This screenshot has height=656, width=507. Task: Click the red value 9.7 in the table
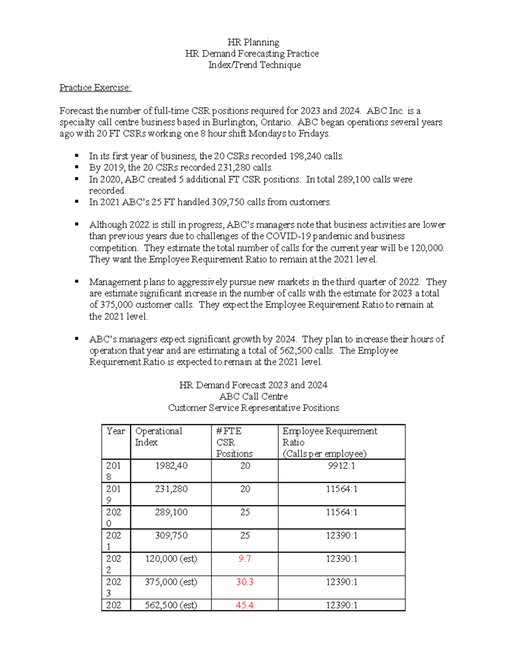tap(245, 559)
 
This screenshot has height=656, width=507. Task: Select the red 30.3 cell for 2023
tap(245, 582)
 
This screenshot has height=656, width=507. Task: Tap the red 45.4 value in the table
tap(245, 605)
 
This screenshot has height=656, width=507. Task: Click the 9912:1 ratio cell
tap(341, 466)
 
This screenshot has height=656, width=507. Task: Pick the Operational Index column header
tap(158, 436)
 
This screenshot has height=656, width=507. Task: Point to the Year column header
tap(115, 431)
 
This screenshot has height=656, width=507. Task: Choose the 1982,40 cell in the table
tap(171, 466)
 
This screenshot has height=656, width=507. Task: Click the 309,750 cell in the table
tap(171, 536)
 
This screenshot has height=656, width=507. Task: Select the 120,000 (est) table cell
tap(171, 559)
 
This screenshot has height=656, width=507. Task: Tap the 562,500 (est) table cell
tap(171, 605)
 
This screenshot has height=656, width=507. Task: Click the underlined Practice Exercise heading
tap(95, 87)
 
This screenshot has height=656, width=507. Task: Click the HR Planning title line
tap(253, 42)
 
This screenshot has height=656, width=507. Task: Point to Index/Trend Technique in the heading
tap(254, 65)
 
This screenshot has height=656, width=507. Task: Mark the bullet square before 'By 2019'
tap(77, 168)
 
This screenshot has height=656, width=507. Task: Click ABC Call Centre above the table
tap(253, 397)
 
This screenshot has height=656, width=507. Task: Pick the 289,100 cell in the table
tap(171, 512)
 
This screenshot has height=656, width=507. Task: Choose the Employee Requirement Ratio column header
tap(330, 442)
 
